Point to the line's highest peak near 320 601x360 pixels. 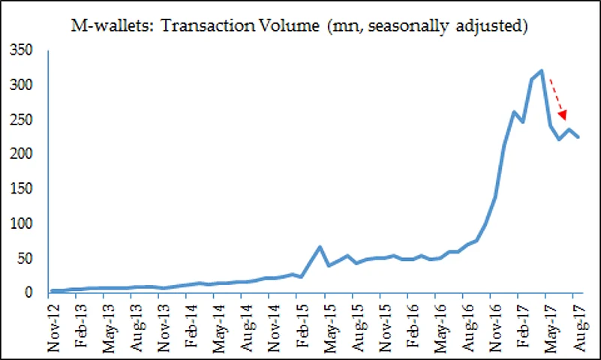click(541, 71)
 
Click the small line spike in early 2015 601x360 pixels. click(320, 247)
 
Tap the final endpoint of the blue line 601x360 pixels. click(578, 137)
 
